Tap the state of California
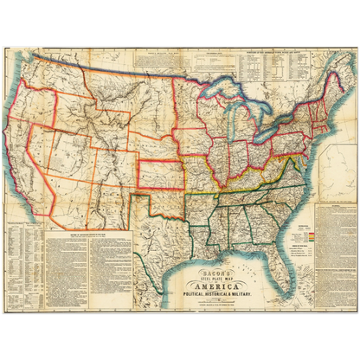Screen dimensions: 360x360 coord(39,164)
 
